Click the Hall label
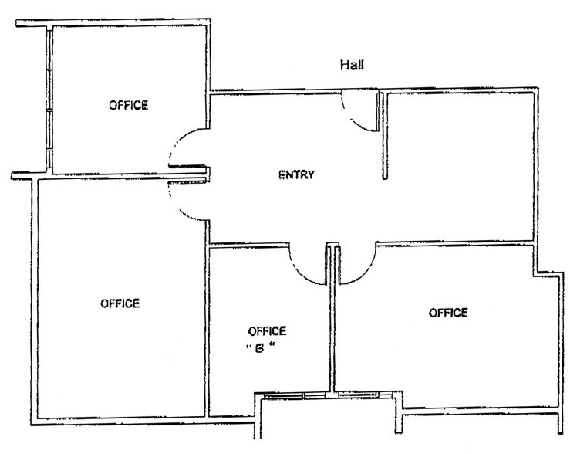point(353,65)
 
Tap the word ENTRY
point(296,174)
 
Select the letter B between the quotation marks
point(259,348)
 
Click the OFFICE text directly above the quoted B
point(267,331)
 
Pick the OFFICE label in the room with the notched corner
point(448,313)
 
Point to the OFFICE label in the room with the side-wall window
point(128,105)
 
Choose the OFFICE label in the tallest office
point(120,303)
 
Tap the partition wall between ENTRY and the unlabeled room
point(385,135)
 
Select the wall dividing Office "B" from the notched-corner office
point(333,319)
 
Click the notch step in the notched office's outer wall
point(548,274)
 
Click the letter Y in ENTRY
point(312,174)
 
